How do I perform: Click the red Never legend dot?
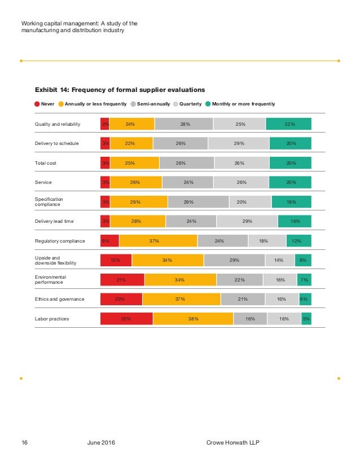(37, 104)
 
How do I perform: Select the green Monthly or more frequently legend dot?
(208, 104)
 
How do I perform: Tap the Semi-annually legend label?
(153, 104)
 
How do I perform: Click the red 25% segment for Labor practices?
(126, 318)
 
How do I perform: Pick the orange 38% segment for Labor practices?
(193, 318)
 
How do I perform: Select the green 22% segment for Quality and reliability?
(289, 124)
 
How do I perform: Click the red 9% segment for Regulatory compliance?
(109, 241)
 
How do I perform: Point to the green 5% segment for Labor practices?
(306, 318)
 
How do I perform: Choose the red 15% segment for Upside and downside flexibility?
(116, 260)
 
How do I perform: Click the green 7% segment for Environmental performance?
(304, 280)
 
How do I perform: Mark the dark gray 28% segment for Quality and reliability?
(184, 124)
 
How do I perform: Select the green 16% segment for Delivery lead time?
(295, 221)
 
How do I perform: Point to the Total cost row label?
(46, 163)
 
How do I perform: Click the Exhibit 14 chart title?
(120, 89)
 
